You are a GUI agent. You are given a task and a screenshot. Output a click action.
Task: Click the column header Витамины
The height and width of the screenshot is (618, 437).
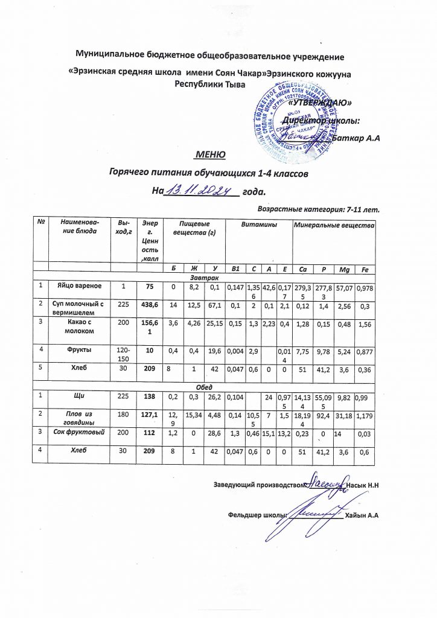pyautogui.click(x=259, y=225)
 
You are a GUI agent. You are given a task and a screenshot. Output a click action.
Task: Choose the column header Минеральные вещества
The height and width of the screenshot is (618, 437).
pyautogui.click(x=334, y=225)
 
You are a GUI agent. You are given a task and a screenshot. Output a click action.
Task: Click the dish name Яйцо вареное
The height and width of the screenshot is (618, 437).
pyautogui.click(x=79, y=285)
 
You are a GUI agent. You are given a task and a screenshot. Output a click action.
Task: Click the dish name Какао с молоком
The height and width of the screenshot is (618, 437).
pyautogui.click(x=79, y=329)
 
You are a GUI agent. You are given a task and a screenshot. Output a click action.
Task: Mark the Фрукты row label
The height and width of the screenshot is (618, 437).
pyautogui.click(x=79, y=349)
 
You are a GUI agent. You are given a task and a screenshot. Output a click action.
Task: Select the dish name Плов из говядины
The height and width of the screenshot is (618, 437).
pyautogui.click(x=79, y=418)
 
